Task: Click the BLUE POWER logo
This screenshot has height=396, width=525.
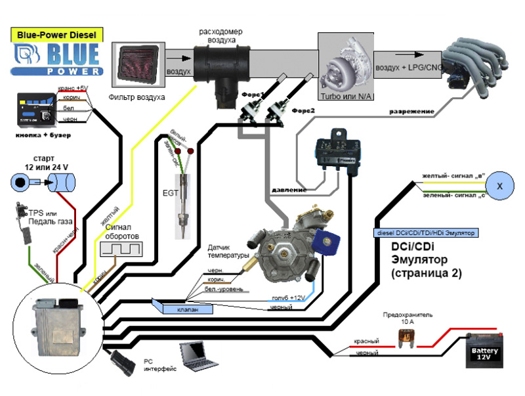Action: [x=57, y=58]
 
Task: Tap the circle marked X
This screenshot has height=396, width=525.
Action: [x=500, y=186]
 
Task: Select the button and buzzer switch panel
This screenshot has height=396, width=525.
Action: [x=38, y=108]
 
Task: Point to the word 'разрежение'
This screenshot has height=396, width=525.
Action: [x=411, y=112]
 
